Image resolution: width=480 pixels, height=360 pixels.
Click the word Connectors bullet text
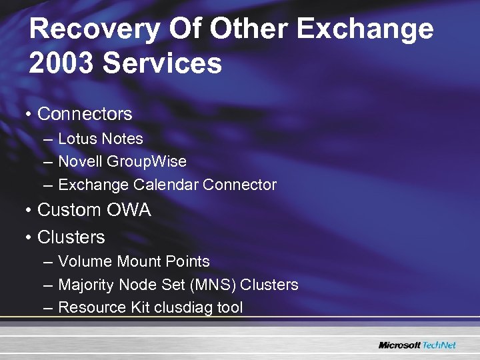(85, 114)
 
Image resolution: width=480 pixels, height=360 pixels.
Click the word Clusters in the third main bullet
(71, 237)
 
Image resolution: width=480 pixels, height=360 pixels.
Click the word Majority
(86, 285)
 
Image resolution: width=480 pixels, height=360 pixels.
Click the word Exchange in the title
(365, 30)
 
